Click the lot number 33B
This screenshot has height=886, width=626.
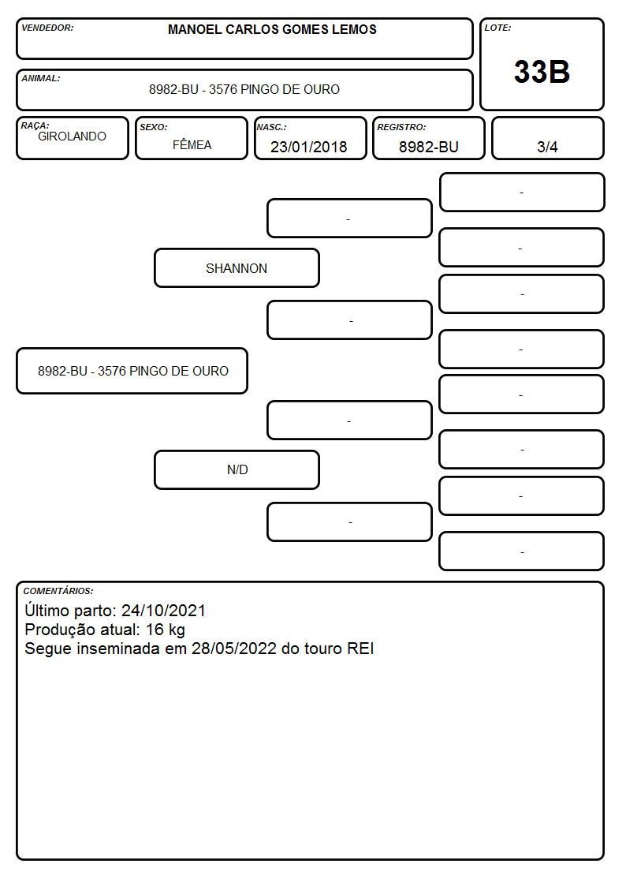coord(542,72)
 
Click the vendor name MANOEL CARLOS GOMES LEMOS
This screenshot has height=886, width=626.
coord(272,29)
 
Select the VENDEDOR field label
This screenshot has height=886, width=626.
coord(47,28)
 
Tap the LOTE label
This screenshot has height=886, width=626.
coord(497,28)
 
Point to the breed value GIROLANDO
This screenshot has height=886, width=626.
coord(72,136)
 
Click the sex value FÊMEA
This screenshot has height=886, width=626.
coord(192,144)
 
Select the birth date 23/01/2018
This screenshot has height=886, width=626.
coord(309,147)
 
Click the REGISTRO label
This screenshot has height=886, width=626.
coord(401,127)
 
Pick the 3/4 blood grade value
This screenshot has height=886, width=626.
coord(547,147)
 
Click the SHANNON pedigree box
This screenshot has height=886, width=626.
coord(237,268)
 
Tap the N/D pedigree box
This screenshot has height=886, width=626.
coord(237,470)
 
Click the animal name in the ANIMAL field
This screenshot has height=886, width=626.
coord(244,89)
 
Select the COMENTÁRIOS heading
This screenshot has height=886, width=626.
coord(58,591)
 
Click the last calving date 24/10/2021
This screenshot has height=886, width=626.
coord(164,611)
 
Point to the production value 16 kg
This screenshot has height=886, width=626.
coord(166,630)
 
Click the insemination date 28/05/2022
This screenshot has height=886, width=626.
coord(233,649)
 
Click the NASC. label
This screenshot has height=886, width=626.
coord(271,127)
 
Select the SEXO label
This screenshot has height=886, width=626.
coord(154,127)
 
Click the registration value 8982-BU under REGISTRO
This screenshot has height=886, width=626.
coord(428,147)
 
